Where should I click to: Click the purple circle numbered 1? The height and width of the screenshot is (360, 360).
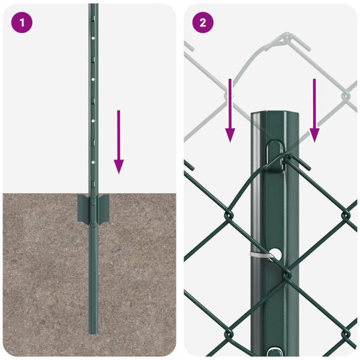coord(22,23)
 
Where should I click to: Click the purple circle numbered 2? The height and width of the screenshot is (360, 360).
coord(203,23)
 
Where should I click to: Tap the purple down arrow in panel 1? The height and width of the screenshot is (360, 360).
coord(119,141)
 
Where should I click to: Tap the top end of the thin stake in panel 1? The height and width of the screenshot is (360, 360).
coord(93,5)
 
